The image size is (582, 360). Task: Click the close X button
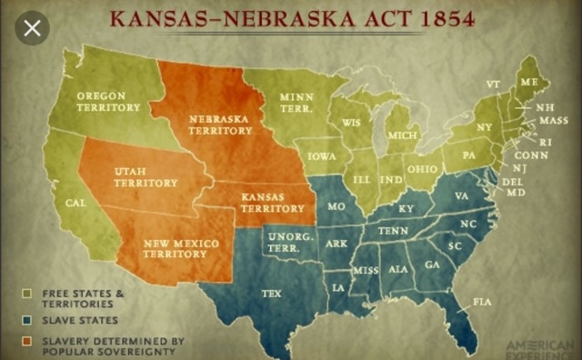[x=33, y=28]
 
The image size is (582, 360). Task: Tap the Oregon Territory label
[x=107, y=101]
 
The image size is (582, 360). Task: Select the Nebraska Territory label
[x=220, y=124]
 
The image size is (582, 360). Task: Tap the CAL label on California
[x=76, y=203]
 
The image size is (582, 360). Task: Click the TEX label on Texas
[x=271, y=294]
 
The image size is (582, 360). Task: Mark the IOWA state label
[x=321, y=155]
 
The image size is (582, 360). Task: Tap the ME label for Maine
[x=528, y=82]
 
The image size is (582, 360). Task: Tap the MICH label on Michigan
[x=402, y=135]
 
